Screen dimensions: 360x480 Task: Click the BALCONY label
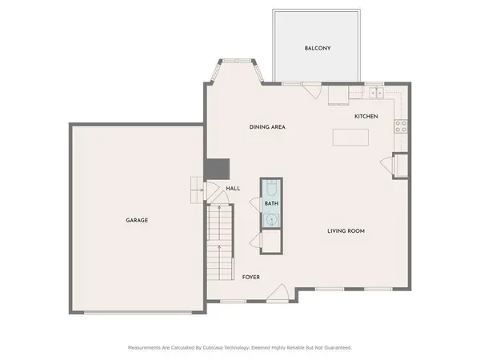coord(318,48)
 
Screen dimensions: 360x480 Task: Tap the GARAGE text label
coord(136,220)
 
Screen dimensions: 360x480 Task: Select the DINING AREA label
coord(267,127)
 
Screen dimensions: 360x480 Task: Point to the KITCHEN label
coord(366,117)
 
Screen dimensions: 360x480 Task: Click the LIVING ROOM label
coord(346,231)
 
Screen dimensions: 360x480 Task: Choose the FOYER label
coord(251,277)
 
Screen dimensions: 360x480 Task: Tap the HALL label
coord(233,189)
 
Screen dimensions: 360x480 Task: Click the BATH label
coord(271,204)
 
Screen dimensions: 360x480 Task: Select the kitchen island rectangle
coord(352,138)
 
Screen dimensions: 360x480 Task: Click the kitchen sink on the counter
coord(374,93)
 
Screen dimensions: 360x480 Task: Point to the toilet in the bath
coord(271,189)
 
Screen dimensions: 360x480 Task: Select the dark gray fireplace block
coord(217,169)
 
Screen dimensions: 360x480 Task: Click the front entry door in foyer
coord(277,294)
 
